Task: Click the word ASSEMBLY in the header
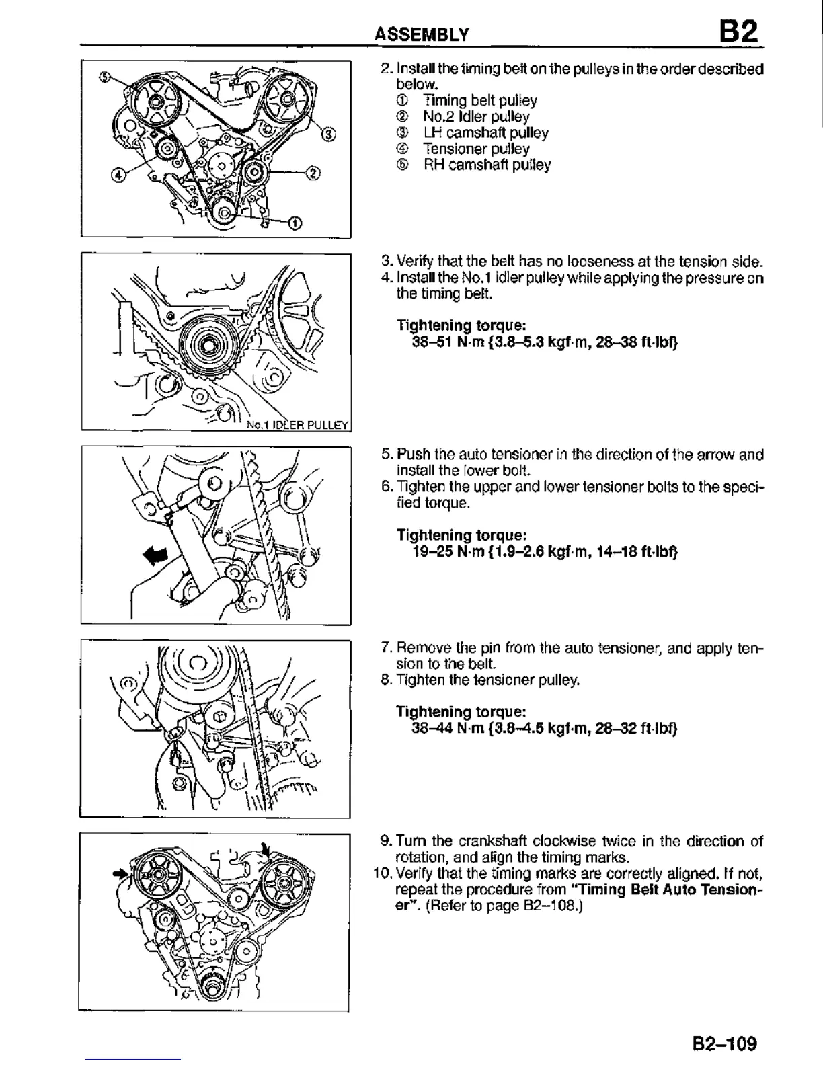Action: pyautogui.click(x=422, y=35)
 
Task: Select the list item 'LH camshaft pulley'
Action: pyautogui.click(x=485, y=132)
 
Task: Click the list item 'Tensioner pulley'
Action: pyautogui.click(x=476, y=149)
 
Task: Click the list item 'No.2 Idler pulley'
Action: pyautogui.click(x=476, y=116)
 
